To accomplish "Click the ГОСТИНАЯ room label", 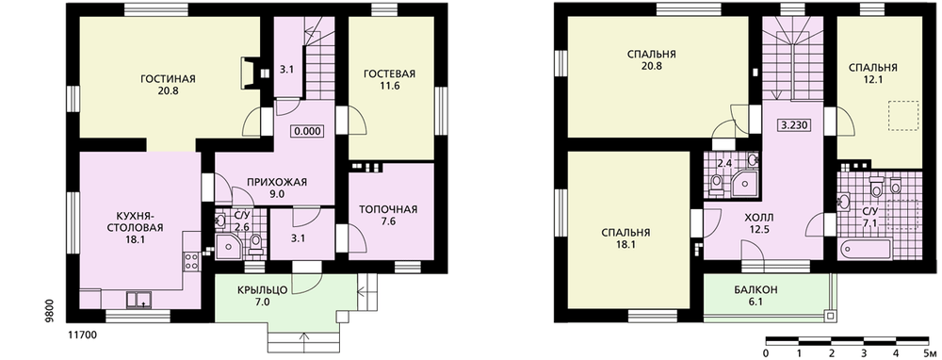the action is pyautogui.click(x=169, y=79).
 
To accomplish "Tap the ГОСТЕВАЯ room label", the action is pyautogui.click(x=389, y=74).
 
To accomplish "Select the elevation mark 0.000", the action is pyautogui.click(x=307, y=130).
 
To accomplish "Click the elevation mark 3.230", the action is pyautogui.click(x=793, y=125).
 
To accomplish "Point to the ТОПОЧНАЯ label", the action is pyautogui.click(x=388, y=210).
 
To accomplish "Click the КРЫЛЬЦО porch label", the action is pyautogui.click(x=262, y=290).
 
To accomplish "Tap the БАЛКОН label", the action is pyautogui.click(x=755, y=289).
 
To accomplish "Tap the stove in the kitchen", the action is pyautogui.click(x=191, y=261).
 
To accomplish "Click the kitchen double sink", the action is pyautogui.click(x=138, y=300).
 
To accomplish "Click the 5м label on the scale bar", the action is pyautogui.click(x=929, y=352).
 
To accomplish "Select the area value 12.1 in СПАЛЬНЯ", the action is pyautogui.click(x=873, y=79).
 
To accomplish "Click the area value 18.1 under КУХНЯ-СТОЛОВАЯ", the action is pyautogui.click(x=135, y=238).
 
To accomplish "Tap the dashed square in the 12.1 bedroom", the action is pyautogui.click(x=903, y=116).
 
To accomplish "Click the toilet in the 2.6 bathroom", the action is pyautogui.click(x=256, y=241).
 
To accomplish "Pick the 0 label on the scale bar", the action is pyautogui.click(x=766, y=352).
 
